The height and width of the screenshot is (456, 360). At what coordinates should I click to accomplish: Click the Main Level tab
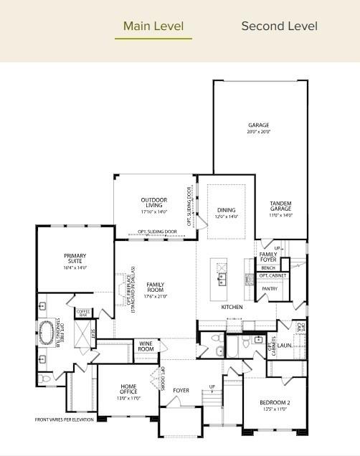point(153,27)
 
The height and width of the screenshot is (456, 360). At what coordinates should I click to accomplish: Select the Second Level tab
point(279,27)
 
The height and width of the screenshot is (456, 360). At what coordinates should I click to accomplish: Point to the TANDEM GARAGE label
point(280,209)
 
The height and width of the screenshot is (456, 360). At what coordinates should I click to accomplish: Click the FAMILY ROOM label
point(156,290)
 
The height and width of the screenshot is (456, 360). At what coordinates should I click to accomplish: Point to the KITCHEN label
point(232,307)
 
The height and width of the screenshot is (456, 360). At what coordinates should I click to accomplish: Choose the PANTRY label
point(270,289)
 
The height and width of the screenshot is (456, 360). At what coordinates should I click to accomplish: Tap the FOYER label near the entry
point(181,390)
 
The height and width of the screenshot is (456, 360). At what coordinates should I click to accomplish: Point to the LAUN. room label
point(285,346)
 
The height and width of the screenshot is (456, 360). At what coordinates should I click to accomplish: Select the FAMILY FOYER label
point(268,257)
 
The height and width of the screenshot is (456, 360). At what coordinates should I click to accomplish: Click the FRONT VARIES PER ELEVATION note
point(64,419)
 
